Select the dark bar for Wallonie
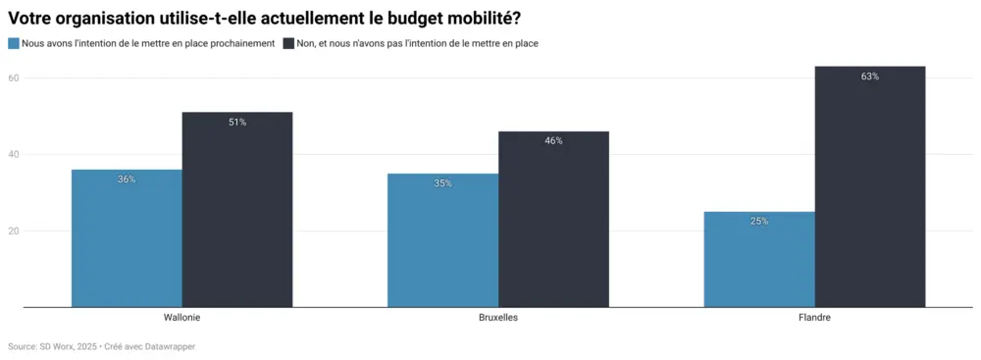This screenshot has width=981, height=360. click(237, 210)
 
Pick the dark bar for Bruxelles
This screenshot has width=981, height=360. click(553, 220)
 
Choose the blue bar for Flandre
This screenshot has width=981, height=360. click(759, 259)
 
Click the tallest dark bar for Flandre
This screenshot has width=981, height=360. click(870, 186)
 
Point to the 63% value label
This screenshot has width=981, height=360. click(870, 77)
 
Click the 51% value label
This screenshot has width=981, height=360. click(237, 123)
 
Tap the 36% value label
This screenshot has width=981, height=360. click(127, 180)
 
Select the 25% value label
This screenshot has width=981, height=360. click(759, 222)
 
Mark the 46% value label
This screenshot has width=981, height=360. click(553, 141)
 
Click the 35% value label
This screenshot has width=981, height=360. click(442, 183)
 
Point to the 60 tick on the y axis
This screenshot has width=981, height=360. click(14, 77)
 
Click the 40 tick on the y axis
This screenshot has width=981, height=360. click(14, 154)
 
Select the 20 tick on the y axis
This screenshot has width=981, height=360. click(14, 231)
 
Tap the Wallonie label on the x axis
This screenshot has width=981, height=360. click(182, 319)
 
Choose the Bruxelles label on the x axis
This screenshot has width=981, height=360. click(498, 319)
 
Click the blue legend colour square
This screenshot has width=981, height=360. click(14, 43)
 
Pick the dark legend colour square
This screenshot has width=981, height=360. click(288, 43)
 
